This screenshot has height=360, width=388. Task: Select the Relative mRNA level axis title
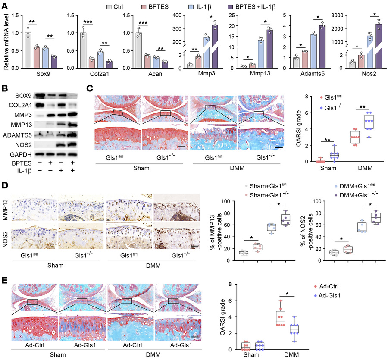point(5,42)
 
